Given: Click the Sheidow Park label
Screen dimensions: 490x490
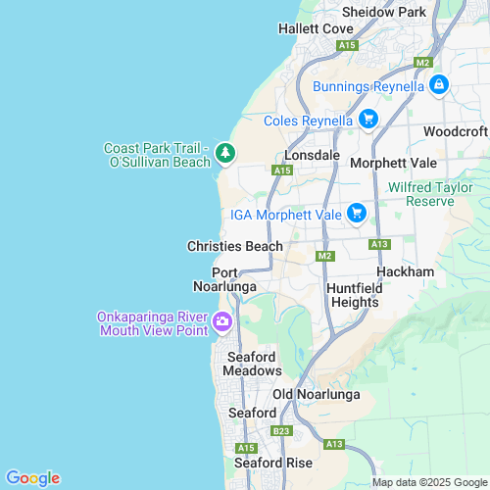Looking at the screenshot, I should coord(383,12).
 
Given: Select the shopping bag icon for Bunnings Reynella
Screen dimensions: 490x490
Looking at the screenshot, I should coord(439,86).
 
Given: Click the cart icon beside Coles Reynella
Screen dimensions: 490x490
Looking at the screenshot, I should coord(367,120).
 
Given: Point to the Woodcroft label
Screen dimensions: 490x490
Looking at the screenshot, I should coord(456,131).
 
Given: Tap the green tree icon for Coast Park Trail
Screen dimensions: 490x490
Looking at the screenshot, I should coord(225,153).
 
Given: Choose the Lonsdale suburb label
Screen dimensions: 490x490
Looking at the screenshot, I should coord(312,155).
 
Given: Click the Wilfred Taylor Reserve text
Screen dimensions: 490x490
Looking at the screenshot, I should coord(421,193).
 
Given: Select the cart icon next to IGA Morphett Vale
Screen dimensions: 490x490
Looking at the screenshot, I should coord(356,213).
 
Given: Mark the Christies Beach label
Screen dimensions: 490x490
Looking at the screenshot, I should coord(235,246).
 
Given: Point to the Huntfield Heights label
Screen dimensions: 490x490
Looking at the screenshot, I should coord(353,295).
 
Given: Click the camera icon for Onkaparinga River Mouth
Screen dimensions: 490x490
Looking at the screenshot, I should coord(222,321).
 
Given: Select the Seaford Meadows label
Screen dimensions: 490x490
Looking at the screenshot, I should coord(253,364).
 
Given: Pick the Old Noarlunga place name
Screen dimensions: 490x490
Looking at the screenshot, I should coord(316,394).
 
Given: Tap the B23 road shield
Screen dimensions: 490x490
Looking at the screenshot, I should coord(281,430).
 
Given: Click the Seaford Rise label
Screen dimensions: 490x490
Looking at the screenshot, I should coord(273,463).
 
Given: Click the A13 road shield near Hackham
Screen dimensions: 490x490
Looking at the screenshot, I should coord(380,243).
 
